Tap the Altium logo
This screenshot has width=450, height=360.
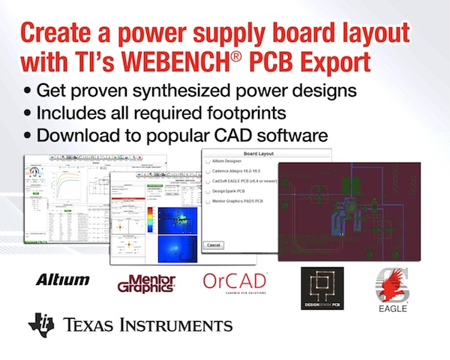(62, 280)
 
